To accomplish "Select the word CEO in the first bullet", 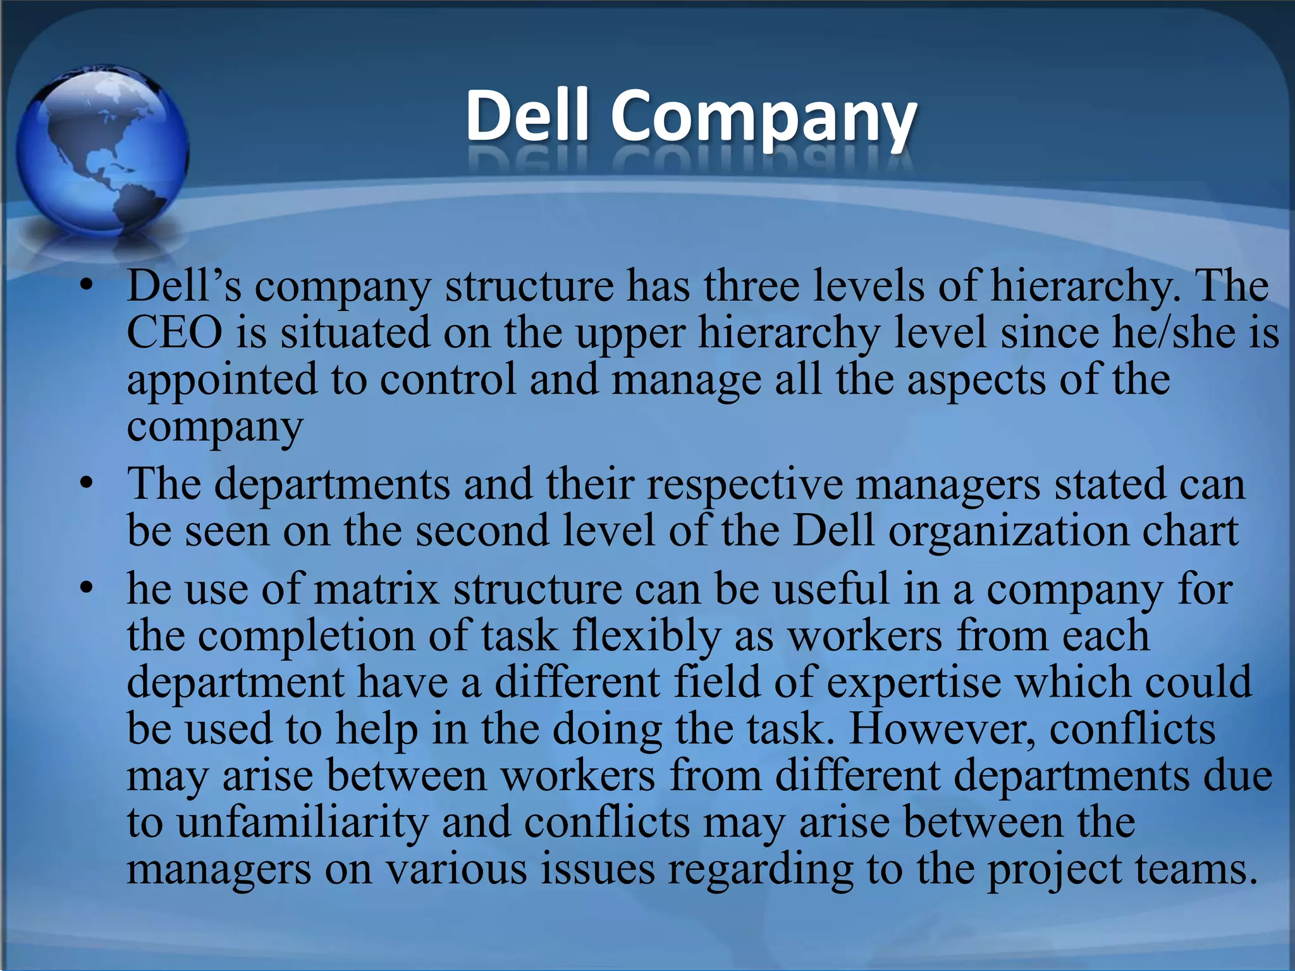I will coord(175,333).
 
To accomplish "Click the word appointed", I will coord(222,380).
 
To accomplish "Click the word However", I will coord(942,729).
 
